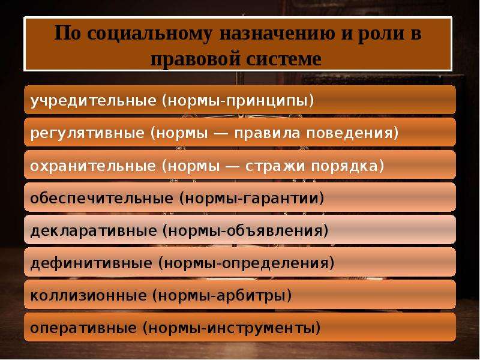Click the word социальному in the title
click(x=149, y=34)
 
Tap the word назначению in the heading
click(x=277, y=34)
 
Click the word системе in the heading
click(x=283, y=58)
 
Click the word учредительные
click(x=94, y=101)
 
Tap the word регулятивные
click(x=87, y=133)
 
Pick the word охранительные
click(x=93, y=166)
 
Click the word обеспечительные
click(x=101, y=199)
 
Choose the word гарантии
click(x=281, y=199)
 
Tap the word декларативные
click(x=94, y=231)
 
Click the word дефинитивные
click(x=91, y=263)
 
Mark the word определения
click(x=275, y=264)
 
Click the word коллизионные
click(x=88, y=296)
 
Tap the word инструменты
click(x=260, y=329)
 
